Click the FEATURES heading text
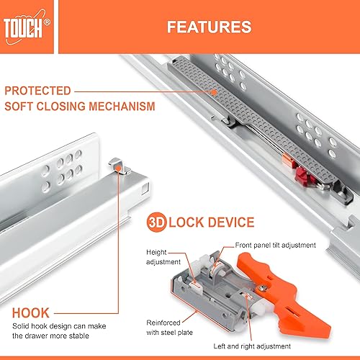[210, 27]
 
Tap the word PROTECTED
[37, 91]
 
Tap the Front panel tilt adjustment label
[273, 245]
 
